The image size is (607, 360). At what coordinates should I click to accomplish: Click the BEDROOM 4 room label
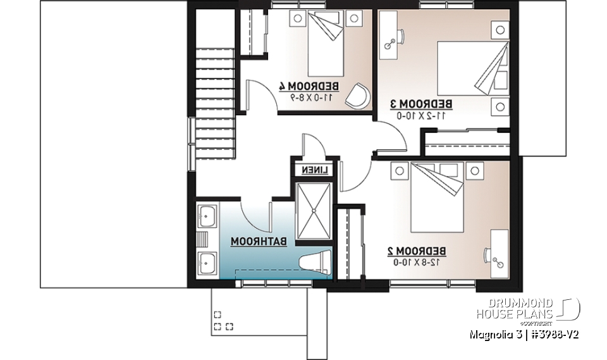click(x=309, y=86)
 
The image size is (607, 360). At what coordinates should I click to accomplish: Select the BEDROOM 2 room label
click(x=417, y=251)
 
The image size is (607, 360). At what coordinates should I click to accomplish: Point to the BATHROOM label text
click(x=259, y=242)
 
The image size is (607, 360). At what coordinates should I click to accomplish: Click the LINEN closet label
click(x=314, y=171)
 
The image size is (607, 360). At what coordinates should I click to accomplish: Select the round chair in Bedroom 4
click(x=358, y=95)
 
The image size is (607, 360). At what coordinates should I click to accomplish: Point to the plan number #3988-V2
click(x=551, y=333)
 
